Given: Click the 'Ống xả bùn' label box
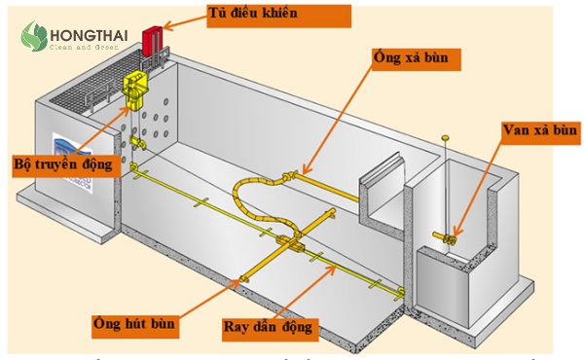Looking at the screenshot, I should (x=416, y=58).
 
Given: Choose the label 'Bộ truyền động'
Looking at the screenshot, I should (x=62, y=163).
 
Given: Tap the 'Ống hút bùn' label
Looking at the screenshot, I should (x=134, y=322).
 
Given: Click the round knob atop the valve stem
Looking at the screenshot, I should (x=446, y=138).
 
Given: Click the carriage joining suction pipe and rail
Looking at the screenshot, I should (x=291, y=244).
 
